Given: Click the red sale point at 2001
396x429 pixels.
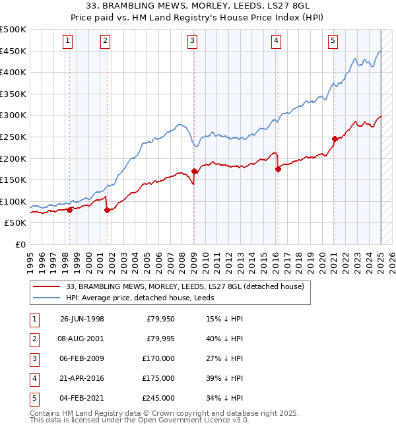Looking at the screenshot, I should click(107, 210).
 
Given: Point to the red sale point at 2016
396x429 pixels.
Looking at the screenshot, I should click(278, 169).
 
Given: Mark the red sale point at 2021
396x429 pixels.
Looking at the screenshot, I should click(335, 139).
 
